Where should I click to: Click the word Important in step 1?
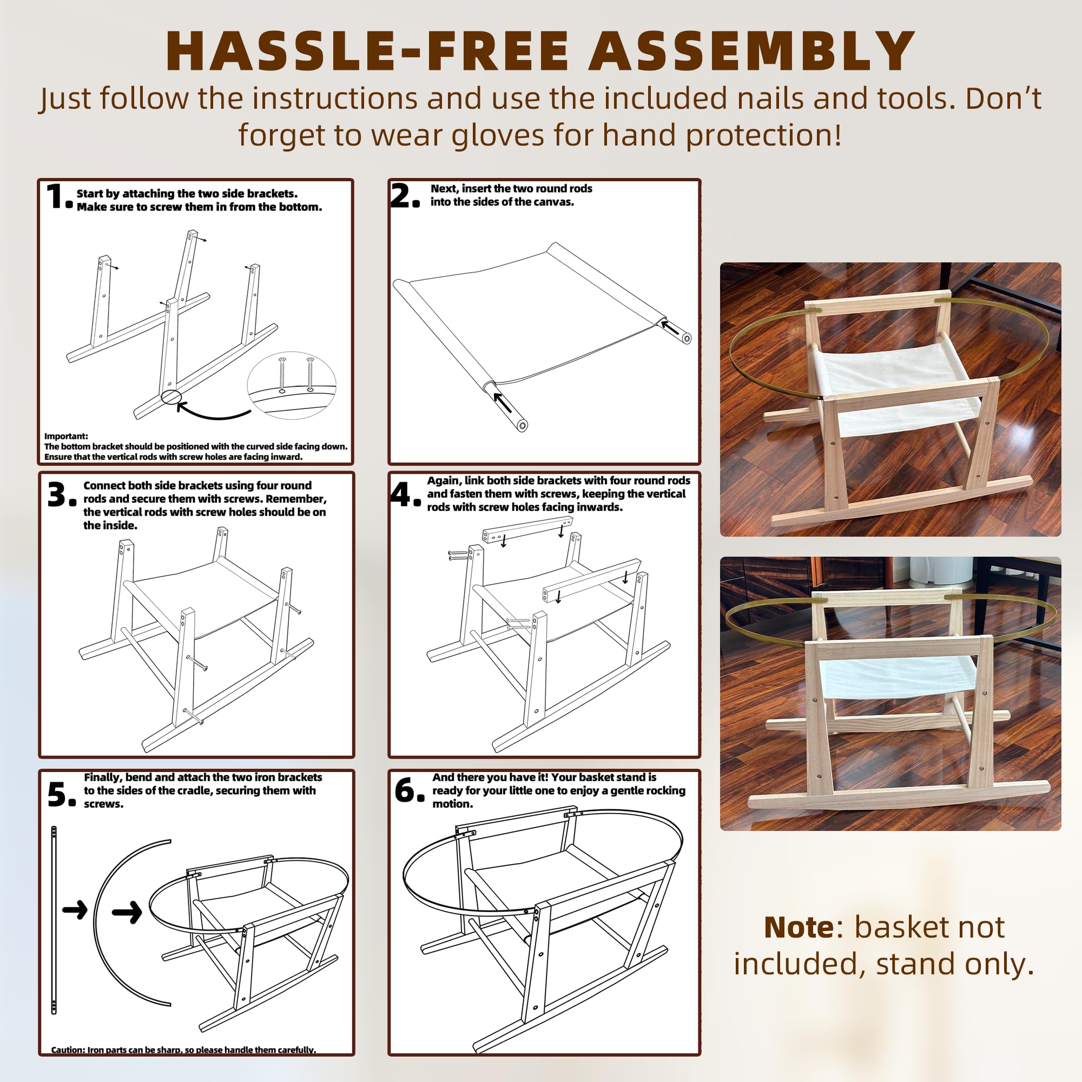pos(65,436)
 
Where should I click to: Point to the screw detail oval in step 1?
pos(291,385)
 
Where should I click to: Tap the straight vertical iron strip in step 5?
pos(54,920)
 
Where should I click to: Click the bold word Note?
pos(799,927)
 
